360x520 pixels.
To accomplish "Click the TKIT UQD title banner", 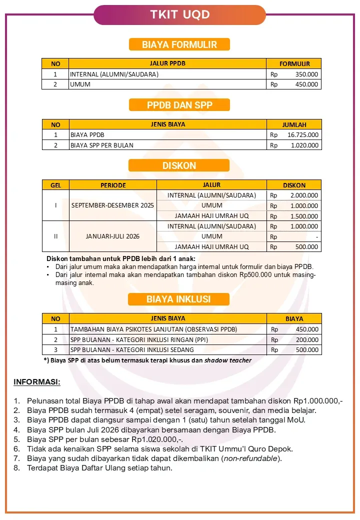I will pyautogui.click(x=179, y=14).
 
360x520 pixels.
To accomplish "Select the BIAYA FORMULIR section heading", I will pyautogui.click(x=179, y=44).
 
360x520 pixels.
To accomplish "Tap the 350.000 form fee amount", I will pyautogui.click(x=306, y=74).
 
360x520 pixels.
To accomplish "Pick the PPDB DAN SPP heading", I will pyautogui.click(x=179, y=105).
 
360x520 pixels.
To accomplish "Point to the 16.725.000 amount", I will pyautogui.click(x=303, y=135).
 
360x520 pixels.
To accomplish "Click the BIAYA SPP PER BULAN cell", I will pyautogui.click(x=102, y=145).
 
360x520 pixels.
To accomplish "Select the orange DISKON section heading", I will pyautogui.click(x=179, y=165).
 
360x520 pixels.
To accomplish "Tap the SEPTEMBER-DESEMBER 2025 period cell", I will pyautogui.click(x=113, y=205).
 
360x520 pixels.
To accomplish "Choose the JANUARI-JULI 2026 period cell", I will pyautogui.click(x=113, y=236).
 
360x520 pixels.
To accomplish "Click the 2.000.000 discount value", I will pyautogui.click(x=304, y=195).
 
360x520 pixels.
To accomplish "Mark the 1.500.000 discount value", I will pyautogui.click(x=304, y=216).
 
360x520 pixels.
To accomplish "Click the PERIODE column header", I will pyautogui.click(x=113, y=185).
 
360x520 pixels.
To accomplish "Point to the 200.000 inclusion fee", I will pyautogui.click(x=307, y=340).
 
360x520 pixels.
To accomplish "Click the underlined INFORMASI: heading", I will pyautogui.click(x=36, y=382).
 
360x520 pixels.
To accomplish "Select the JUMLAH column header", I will pyautogui.click(x=294, y=124).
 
